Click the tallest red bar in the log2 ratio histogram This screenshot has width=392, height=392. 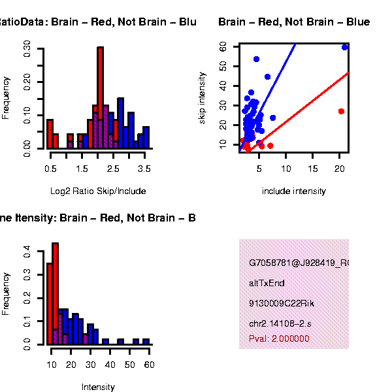coord(100,98)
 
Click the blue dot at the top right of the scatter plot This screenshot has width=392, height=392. coord(344,47)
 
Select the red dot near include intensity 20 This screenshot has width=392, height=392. coord(341,111)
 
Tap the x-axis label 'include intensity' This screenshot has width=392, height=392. coord(293,191)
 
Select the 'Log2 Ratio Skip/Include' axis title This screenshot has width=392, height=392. coord(98,191)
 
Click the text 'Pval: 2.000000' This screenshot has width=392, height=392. coord(279,339)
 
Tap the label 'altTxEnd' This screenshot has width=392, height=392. coord(267,284)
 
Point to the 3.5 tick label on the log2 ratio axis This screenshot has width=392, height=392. coord(145,169)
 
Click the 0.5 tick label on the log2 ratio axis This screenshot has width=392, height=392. coord(50,169)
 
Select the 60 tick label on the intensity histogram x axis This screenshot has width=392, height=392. coord(149,365)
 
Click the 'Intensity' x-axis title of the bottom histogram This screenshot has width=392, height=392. coord(98,387)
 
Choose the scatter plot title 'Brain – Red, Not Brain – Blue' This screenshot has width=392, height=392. coord(294,22)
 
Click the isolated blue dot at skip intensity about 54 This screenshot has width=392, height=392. coord(256,59)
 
